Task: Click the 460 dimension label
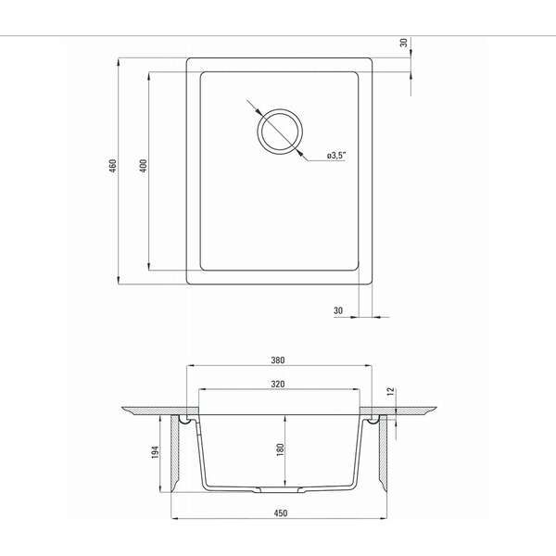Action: tap(113, 166)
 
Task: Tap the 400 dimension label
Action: tap(144, 166)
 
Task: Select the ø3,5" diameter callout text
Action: tap(335, 156)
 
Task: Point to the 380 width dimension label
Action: tap(278, 360)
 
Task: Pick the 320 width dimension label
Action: tap(278, 384)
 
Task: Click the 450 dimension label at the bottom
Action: tap(280, 513)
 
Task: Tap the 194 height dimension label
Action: tap(155, 452)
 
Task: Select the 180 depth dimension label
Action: tap(280, 449)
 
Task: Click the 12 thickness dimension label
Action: tap(390, 391)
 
